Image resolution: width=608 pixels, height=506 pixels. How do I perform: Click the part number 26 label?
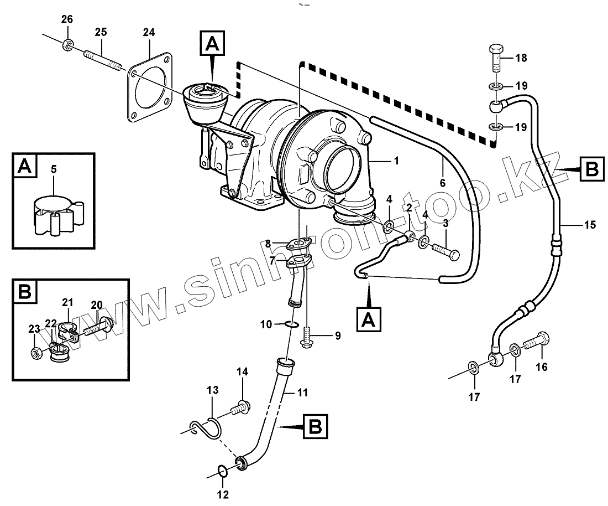pyautogui.click(x=67, y=20)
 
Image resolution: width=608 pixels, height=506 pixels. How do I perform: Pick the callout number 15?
pyautogui.click(x=590, y=224)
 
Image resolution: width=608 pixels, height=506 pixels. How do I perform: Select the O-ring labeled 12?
pyautogui.click(x=222, y=472)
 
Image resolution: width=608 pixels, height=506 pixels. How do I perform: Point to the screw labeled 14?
pyautogui.click(x=240, y=407)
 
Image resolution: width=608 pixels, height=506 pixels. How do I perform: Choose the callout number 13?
pyautogui.click(x=213, y=390)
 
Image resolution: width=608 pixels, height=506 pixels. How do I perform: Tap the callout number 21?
pyautogui.click(x=67, y=302)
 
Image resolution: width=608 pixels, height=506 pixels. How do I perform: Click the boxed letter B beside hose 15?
pyautogui.click(x=591, y=169)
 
